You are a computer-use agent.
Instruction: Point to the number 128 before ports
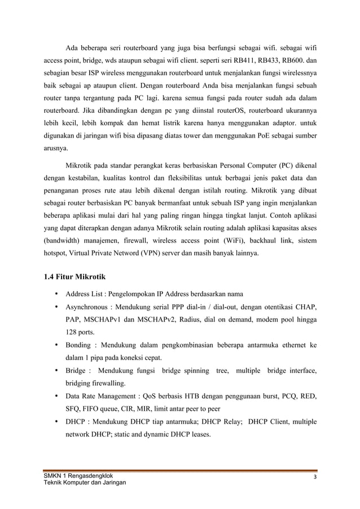tap(72, 332)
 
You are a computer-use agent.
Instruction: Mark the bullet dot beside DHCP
tap(56, 422)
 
